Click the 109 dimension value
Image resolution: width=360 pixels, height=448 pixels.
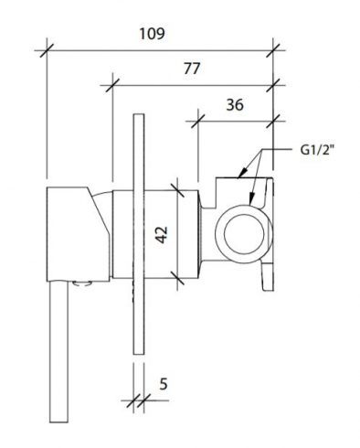pyautogui.click(x=153, y=34)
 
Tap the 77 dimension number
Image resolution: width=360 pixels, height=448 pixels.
pyautogui.click(x=192, y=69)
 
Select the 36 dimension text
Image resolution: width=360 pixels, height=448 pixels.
pyautogui.click(x=235, y=105)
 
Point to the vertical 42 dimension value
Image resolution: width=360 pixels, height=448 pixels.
pyautogui.click(x=162, y=234)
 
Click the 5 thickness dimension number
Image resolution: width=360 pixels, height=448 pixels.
pyautogui.click(x=164, y=384)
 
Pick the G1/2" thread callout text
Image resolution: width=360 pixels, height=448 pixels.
pyautogui.click(x=315, y=150)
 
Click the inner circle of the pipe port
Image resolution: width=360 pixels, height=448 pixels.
pyautogui.click(x=244, y=234)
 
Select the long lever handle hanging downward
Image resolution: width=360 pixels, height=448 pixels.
pyautogui.click(x=58, y=350)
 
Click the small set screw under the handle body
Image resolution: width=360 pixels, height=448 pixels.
pyautogui.click(x=82, y=283)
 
